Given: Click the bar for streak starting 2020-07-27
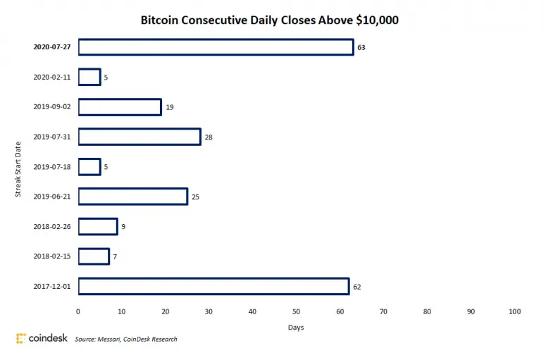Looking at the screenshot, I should [x=216, y=47].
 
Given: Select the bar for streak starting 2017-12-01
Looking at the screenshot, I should [x=213, y=286].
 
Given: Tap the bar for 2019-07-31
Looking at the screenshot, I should [x=139, y=137].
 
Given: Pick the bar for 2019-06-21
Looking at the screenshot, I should [x=132, y=197].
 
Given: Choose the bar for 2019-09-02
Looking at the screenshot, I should [x=120, y=107].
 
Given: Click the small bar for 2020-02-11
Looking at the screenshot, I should [x=89, y=77].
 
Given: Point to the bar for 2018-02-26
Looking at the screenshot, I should [x=98, y=226].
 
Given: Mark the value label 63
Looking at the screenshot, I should [x=361, y=47].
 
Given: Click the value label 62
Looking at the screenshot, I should [x=357, y=287].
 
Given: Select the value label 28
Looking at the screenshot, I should [x=209, y=137].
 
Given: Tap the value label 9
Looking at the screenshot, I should [x=123, y=227].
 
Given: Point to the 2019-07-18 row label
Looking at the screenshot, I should [x=51, y=167].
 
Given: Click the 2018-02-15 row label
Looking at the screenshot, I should [x=51, y=256].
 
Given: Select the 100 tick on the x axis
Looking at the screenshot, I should [x=514, y=311].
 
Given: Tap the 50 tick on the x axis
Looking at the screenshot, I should [x=296, y=311].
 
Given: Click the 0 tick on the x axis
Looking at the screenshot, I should [x=78, y=311].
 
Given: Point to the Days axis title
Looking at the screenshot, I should [x=296, y=328].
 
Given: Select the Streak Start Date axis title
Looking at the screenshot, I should [x=19, y=166].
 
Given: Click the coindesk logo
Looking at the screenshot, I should [x=42, y=338].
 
